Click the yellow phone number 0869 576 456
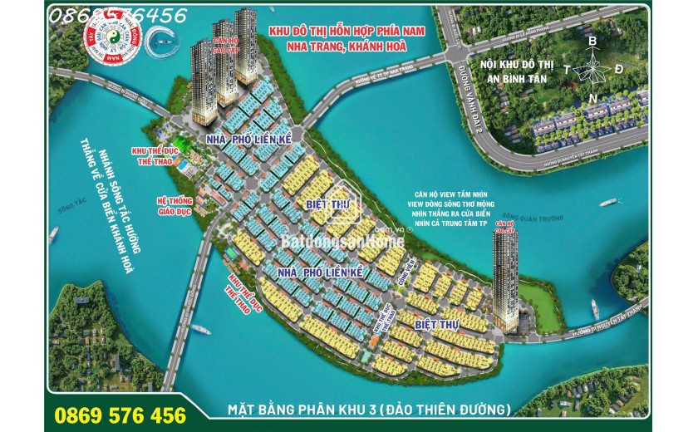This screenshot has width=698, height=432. pos(120,413)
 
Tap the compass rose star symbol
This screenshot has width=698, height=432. pos(592,68)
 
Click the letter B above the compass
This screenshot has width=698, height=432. pos(592,41)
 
